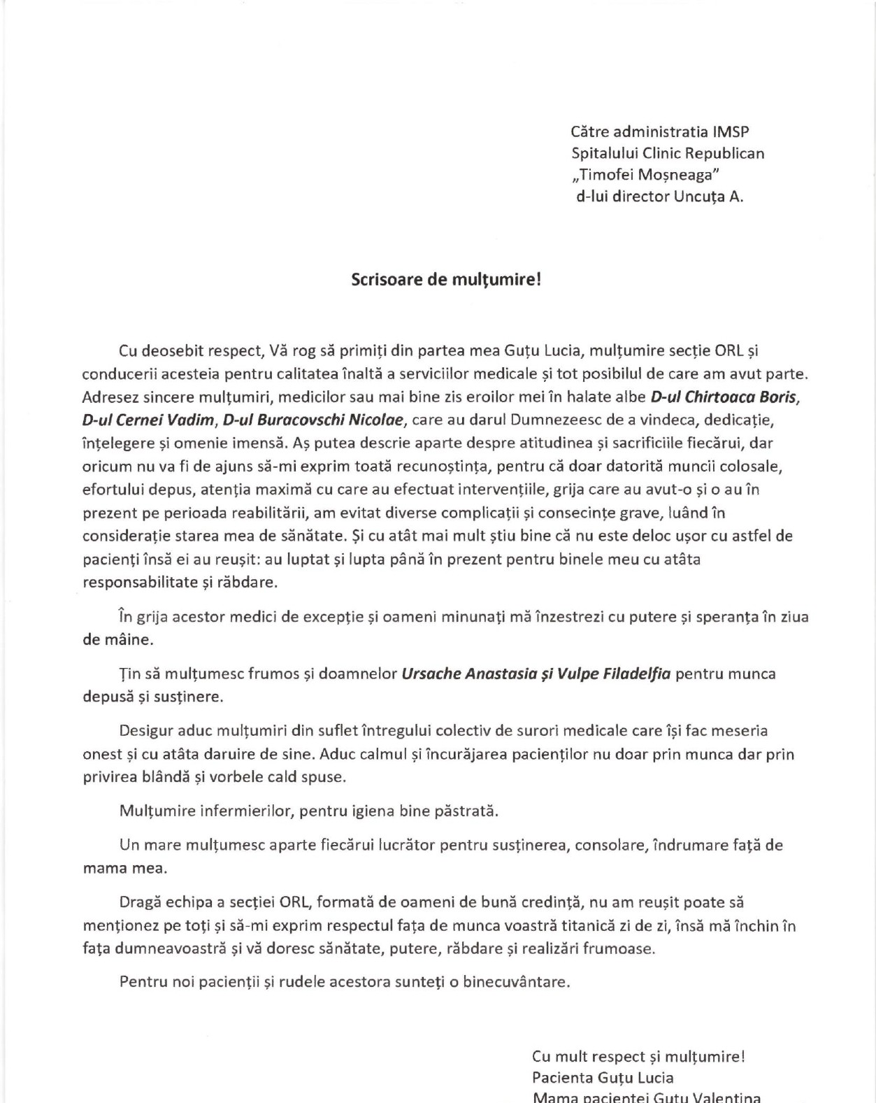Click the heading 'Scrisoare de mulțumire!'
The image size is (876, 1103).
(445, 280)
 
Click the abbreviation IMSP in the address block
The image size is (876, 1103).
(731, 131)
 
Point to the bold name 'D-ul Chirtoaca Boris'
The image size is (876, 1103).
(724, 397)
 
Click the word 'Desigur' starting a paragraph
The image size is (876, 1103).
(146, 731)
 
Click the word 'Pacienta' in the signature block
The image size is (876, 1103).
(559, 1078)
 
